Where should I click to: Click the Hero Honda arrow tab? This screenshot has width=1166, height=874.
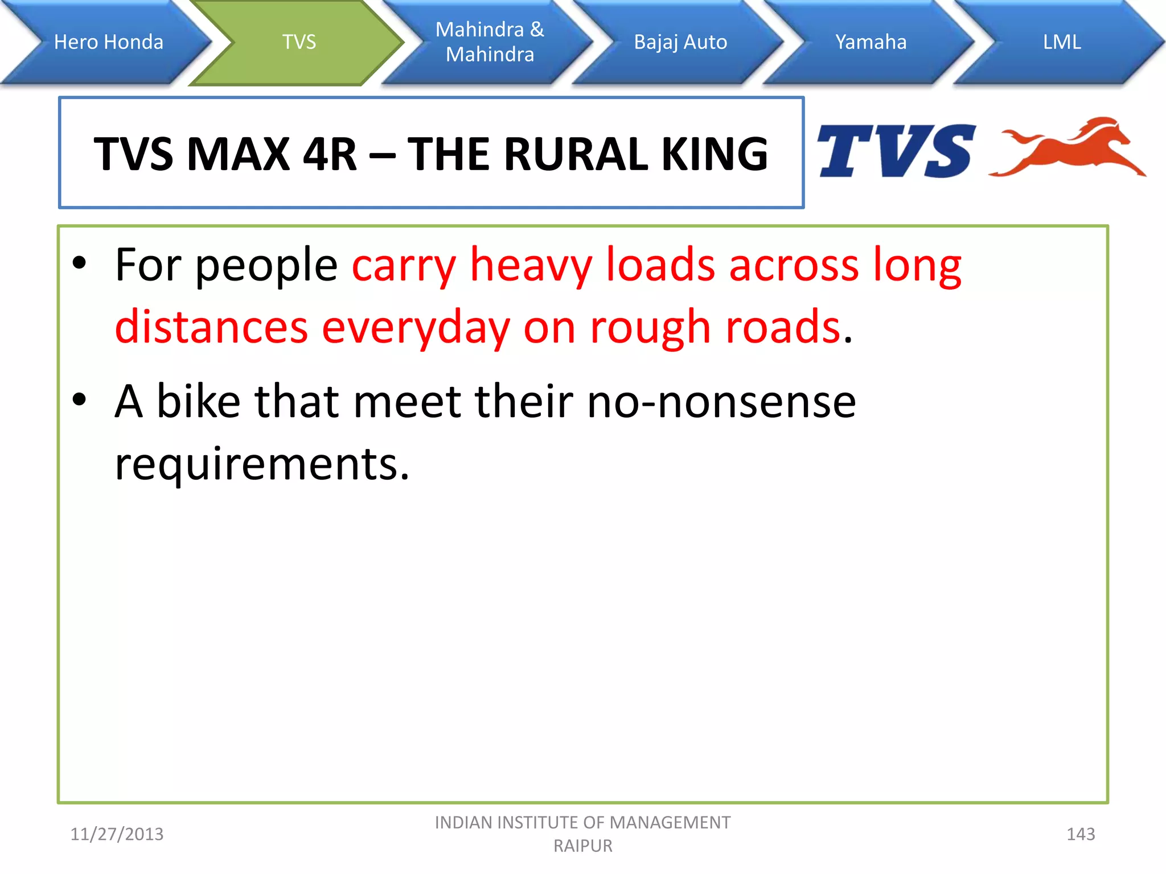point(108,42)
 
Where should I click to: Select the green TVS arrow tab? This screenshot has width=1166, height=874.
point(299,42)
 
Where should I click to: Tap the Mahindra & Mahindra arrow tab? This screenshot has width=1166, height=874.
point(490,42)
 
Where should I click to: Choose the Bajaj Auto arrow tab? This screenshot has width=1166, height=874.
point(680,42)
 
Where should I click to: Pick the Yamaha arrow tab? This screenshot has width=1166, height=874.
point(871,42)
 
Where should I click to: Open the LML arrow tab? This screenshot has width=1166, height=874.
point(1062,42)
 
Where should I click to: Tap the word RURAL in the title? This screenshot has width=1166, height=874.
point(575,154)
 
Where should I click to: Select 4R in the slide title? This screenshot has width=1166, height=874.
point(330,154)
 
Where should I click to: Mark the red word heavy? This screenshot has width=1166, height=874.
point(531,265)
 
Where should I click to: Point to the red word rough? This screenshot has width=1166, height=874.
point(650,328)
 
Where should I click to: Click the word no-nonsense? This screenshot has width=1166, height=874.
point(721,402)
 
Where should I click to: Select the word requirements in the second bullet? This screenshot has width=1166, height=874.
point(262,464)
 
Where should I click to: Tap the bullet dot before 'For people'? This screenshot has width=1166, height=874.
point(80,263)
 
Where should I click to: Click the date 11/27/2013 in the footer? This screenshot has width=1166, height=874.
point(117,834)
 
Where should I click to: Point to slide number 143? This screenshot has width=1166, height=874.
point(1080,834)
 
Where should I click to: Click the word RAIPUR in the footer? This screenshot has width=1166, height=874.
point(583,846)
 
